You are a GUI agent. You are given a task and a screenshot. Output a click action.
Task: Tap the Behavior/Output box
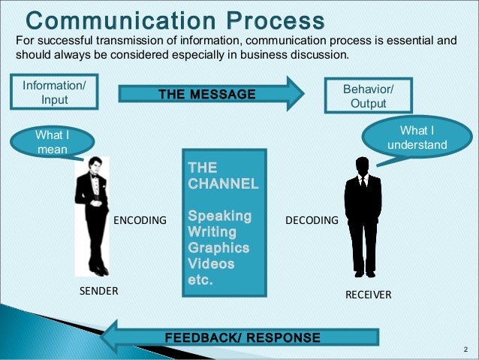[368, 95]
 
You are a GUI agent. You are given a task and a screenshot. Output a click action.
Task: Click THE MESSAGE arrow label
[206, 94]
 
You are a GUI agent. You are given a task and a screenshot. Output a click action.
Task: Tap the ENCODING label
[139, 221]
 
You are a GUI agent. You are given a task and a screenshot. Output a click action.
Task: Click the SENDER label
[99, 291]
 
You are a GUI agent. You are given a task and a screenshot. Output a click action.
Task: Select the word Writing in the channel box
[212, 231]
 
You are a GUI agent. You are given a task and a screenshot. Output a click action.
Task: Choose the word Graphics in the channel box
[218, 248]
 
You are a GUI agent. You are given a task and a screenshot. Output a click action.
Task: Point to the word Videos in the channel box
[210, 265]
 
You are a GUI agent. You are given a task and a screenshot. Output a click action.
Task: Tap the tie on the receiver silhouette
[363, 182]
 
